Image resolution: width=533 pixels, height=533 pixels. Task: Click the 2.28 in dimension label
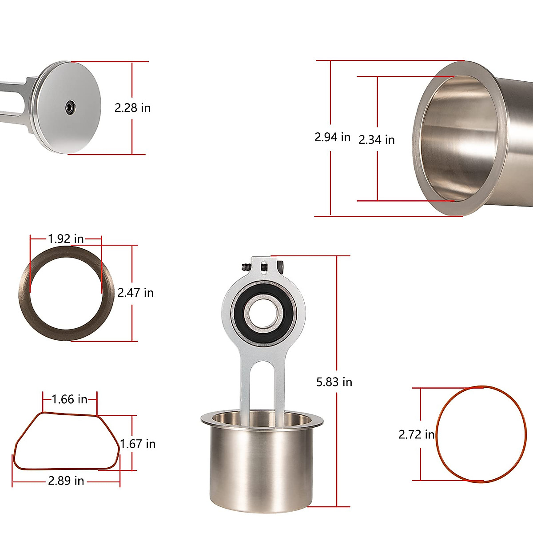(x=132, y=108)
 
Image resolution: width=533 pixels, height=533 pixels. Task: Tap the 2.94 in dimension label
(x=333, y=137)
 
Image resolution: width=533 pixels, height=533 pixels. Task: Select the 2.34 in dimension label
(x=377, y=139)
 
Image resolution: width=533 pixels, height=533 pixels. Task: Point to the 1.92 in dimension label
(x=66, y=239)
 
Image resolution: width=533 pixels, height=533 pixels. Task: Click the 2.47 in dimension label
(x=135, y=293)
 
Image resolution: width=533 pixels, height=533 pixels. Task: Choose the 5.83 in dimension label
(x=334, y=382)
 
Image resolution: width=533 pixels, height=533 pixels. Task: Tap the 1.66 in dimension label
(x=70, y=399)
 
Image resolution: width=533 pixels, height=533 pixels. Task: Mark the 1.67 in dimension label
(x=137, y=444)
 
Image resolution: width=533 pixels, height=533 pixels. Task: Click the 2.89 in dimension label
(x=66, y=481)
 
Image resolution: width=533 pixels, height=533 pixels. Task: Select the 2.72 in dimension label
(x=417, y=434)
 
